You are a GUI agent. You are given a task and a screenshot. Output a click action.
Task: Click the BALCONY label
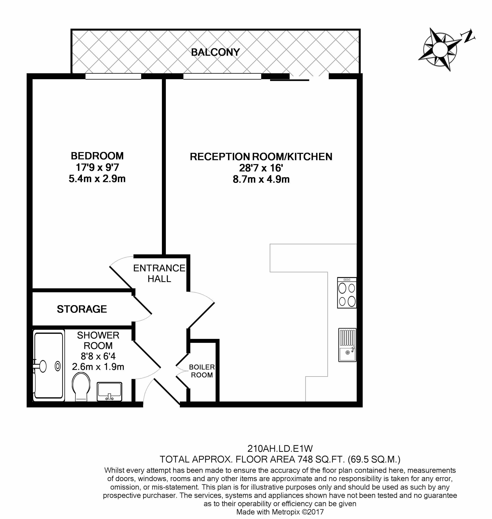point(215,52)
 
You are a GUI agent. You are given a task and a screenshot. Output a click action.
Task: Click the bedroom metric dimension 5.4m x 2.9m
point(97,179)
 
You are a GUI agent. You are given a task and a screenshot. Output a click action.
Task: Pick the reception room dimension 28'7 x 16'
point(261,168)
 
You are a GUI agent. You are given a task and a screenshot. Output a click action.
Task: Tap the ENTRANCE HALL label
point(159,273)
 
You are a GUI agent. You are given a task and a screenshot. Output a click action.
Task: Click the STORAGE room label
point(82,309)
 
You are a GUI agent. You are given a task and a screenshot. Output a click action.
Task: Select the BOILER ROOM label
point(202,371)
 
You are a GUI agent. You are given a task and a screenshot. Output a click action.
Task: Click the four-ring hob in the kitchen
point(347,292)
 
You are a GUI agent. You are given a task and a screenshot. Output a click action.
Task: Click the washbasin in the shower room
point(109,391)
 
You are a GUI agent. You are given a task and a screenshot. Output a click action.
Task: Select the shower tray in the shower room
point(49,366)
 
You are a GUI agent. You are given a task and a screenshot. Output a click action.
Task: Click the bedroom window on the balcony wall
point(113,76)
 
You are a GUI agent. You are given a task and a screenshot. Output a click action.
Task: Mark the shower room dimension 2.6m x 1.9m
point(98,367)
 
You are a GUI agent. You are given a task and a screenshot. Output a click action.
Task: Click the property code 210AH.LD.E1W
point(280,449)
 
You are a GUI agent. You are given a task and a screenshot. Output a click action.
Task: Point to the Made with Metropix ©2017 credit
point(280,512)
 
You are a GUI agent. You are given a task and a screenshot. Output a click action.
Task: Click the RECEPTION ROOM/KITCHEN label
point(261,157)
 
